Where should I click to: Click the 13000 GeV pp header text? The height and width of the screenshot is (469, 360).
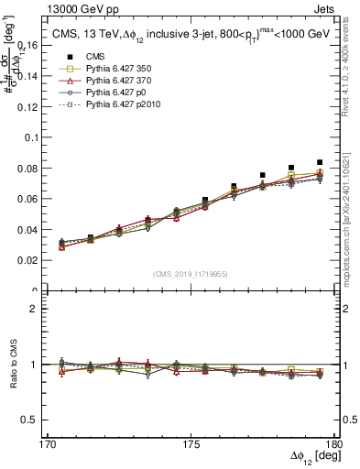(x=58, y=8)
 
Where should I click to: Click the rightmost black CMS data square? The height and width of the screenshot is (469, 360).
(x=320, y=162)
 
